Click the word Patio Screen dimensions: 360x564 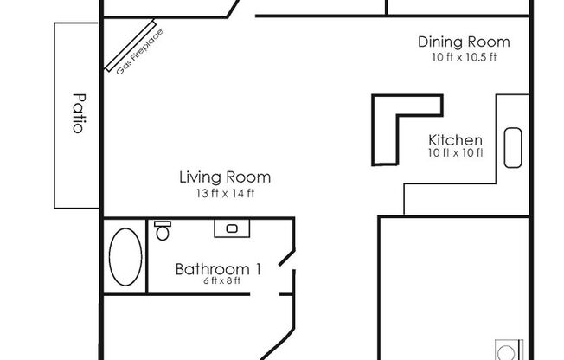click(77, 112)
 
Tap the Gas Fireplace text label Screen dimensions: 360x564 click(140, 52)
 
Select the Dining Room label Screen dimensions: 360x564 click(463, 42)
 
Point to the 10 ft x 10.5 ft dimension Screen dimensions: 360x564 click(463, 57)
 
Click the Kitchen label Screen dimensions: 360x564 click(455, 140)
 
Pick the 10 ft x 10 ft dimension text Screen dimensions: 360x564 click(455, 154)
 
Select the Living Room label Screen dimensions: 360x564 click(224, 177)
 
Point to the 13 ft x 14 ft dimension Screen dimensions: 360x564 click(224, 193)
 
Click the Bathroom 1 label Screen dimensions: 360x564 click(218, 269)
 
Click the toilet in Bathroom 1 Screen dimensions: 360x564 click(162, 230)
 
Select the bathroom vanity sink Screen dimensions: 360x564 click(232, 228)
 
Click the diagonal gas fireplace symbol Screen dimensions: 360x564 click(130, 46)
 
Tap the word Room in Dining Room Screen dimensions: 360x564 click(490, 42)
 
